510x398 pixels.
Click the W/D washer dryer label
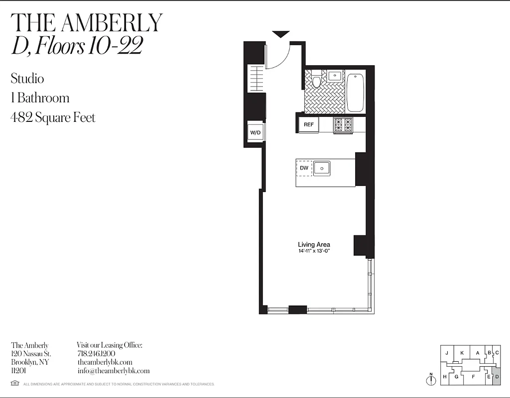[x=255, y=132]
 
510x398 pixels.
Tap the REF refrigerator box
[x=309, y=124]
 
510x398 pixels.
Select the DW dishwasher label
[x=304, y=168]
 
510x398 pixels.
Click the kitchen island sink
[x=322, y=169]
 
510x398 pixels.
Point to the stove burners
[x=343, y=124]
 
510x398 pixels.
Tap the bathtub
[x=355, y=93]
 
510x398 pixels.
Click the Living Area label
[x=314, y=244]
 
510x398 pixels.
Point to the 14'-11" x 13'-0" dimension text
[x=314, y=251]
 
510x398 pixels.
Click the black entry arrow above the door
[x=281, y=34]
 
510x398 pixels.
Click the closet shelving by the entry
[x=255, y=79]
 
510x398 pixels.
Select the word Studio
[x=27, y=79]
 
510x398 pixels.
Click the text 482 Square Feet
[x=53, y=117]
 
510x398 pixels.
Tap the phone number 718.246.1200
[x=96, y=353]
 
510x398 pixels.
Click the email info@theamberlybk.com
[x=114, y=371]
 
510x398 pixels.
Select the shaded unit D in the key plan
[x=496, y=377]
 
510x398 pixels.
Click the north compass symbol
[x=430, y=380]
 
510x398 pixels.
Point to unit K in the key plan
[x=462, y=353]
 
